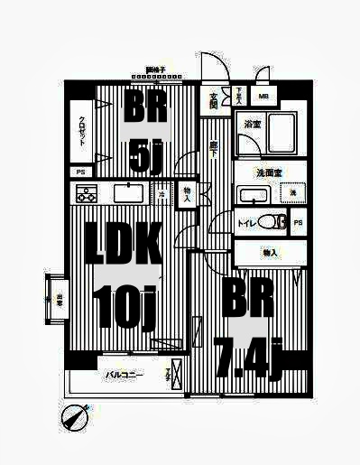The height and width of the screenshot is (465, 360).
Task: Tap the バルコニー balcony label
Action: tap(123, 374)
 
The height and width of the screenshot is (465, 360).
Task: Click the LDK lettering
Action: tap(124, 245)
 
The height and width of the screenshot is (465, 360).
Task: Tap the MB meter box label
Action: tap(264, 96)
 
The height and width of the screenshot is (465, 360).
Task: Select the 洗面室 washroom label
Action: tap(270, 172)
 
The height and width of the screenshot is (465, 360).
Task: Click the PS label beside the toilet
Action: tap(298, 222)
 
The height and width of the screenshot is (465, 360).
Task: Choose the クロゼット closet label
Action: tap(81, 132)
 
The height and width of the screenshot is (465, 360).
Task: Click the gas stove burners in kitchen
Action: tap(87, 193)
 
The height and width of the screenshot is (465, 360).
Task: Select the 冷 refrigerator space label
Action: tap(162, 194)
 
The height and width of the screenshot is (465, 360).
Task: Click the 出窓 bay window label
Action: tap(58, 302)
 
